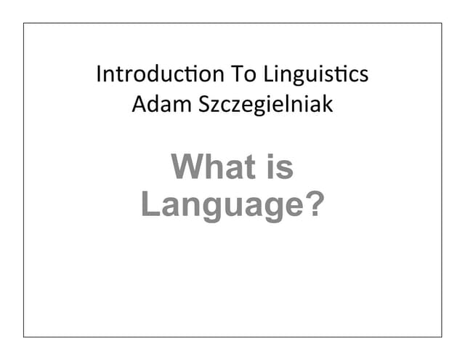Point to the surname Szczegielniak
click(262, 104)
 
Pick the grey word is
click(280, 167)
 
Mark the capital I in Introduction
click(99, 74)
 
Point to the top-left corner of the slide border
click(23, 23)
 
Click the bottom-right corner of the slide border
click(441, 337)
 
